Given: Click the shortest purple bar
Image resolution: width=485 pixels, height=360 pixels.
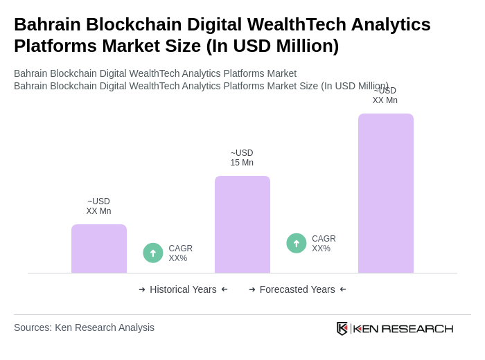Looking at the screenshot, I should (98, 249).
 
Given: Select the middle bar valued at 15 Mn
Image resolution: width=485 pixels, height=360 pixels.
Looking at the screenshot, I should (242, 224).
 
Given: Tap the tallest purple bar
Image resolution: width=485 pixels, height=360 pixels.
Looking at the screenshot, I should (385, 193).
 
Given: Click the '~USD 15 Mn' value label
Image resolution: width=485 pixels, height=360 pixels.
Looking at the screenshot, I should (242, 158).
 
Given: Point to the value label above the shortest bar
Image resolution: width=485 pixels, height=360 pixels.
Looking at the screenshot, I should (98, 206).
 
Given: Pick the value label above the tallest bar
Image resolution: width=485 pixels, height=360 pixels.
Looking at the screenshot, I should (385, 96).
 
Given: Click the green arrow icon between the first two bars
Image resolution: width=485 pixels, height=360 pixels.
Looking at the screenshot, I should (153, 253).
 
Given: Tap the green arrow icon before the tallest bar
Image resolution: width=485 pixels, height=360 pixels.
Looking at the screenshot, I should (297, 244).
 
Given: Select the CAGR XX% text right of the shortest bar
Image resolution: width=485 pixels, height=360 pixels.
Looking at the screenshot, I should (180, 253).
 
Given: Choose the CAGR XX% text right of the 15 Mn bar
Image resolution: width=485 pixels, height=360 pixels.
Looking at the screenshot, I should (324, 244).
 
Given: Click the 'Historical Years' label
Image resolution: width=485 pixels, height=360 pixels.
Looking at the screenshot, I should (183, 289).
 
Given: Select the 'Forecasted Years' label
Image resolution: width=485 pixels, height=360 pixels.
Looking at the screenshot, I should (297, 289).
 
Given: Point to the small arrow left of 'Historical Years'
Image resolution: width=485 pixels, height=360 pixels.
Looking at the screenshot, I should (142, 289).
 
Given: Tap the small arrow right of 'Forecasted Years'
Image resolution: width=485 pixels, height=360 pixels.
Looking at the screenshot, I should (343, 289).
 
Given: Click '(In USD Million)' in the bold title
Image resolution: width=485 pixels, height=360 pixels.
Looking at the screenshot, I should (272, 46).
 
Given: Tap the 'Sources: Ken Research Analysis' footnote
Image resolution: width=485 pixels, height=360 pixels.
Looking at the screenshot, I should (84, 327).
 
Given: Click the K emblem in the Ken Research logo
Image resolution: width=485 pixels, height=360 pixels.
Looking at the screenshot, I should (342, 328).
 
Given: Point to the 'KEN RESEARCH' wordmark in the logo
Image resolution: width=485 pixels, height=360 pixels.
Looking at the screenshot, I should (403, 328).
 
